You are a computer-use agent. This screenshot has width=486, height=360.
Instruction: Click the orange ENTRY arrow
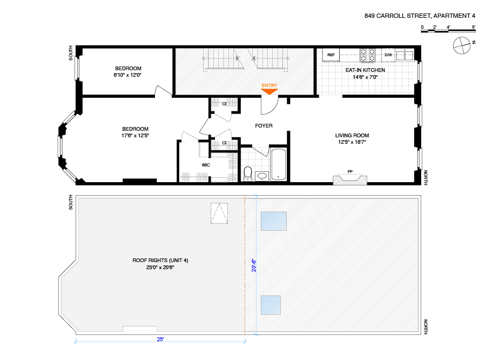coord(269,91)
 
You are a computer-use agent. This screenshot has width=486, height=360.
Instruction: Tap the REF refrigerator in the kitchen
coord(330,55)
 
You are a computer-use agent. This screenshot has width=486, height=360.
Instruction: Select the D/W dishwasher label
coord(388,55)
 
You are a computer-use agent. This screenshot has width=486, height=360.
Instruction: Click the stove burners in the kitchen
coord(368,55)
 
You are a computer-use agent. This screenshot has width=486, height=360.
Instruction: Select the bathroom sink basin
coord(262,176)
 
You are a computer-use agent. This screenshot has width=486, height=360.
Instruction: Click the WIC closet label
coord(206,164)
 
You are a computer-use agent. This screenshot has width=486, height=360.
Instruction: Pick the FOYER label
coord(264,126)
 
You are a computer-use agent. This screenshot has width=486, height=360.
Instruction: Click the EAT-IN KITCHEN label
coord(365,70)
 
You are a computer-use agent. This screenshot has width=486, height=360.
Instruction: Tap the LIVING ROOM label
coord(352,135)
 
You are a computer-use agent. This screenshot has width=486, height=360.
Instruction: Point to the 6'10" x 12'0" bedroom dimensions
coord(128,75)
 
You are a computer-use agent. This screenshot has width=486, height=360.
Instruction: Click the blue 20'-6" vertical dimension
coord(253,266)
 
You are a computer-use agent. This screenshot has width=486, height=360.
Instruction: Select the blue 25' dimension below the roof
coord(160,339)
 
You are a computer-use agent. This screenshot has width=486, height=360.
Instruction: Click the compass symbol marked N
coord(462,46)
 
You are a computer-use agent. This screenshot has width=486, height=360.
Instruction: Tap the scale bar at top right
coord(448,30)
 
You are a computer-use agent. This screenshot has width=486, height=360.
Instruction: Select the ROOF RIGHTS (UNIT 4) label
coord(160,261)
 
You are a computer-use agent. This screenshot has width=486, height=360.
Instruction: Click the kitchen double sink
coord(404,55)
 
